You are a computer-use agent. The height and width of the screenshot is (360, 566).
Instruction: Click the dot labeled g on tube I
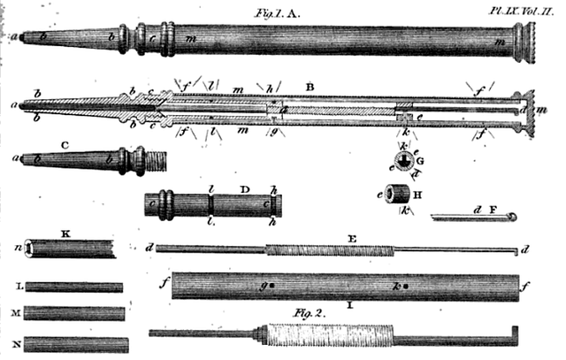tap(273, 287)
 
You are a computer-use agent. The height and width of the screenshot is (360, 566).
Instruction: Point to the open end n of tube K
tap(33, 249)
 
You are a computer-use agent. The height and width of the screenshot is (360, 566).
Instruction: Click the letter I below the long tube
tap(351, 306)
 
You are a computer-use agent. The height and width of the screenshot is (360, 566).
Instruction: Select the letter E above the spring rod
tap(351, 237)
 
